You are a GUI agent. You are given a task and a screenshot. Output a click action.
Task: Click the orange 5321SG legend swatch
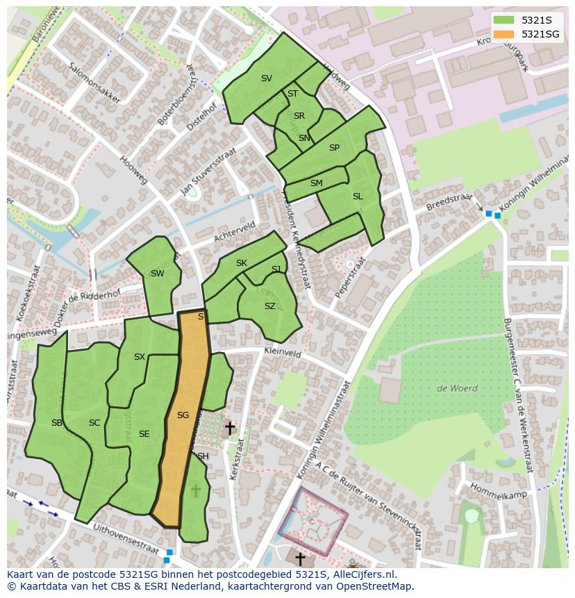tap(504, 34)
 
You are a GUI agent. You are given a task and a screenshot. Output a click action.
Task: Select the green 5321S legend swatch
tap(504, 20)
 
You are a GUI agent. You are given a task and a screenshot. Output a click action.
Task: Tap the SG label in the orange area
tap(183, 415)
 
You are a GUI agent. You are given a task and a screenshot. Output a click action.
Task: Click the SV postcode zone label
tap(267, 78)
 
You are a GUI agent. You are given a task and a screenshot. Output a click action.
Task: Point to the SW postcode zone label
tap(158, 274)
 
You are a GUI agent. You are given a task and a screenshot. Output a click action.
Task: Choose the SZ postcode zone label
tap(270, 306)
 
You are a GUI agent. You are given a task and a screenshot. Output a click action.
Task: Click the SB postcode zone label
tap(57, 423)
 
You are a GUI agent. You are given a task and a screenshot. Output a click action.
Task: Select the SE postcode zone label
tap(144, 434)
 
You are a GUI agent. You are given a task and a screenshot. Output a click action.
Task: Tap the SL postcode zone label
tap(358, 197)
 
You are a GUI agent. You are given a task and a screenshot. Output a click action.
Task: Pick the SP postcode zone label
tap(334, 148)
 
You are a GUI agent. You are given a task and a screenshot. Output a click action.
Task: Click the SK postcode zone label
tap(242, 263)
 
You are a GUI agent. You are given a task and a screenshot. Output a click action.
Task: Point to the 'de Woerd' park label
tap(457, 388)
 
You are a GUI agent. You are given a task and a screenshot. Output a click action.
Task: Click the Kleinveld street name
tap(283, 353)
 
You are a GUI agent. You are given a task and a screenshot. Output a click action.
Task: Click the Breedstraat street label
tap(449, 201)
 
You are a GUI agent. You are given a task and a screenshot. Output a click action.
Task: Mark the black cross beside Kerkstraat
tap(229, 429)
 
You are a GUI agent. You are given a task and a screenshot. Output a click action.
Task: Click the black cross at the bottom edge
tap(300, 558)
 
